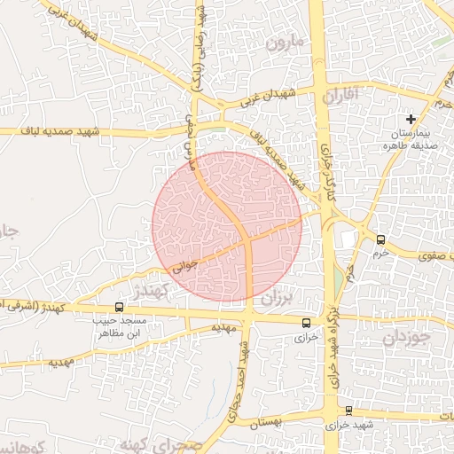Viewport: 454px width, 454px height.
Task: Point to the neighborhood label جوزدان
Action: click(407, 338)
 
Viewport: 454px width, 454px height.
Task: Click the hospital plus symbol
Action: click(410, 119)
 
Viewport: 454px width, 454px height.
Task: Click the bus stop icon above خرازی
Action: click(307, 323)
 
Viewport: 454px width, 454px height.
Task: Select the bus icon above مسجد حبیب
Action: click(120, 307)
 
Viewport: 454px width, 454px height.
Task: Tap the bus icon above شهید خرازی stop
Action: click(348, 411)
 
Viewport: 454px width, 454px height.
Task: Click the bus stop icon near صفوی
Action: click(380, 239)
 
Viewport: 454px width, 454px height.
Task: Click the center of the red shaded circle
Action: click(227, 226)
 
